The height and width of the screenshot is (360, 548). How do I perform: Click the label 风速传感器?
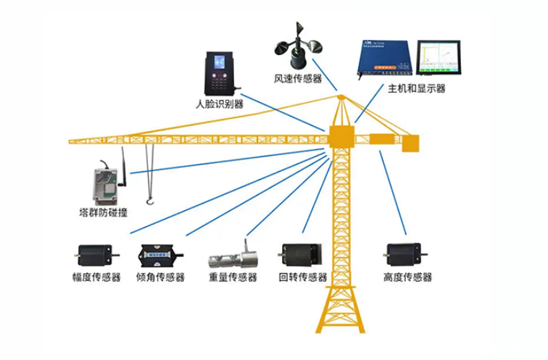(x=298, y=78)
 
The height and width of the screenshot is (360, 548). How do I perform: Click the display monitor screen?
(x=441, y=58)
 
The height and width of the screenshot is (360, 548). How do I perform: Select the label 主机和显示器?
(x=417, y=88)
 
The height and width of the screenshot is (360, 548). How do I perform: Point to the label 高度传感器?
(x=407, y=277)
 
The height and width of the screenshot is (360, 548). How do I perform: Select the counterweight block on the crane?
(x=410, y=143)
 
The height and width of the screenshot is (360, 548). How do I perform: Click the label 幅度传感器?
(x=96, y=277)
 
